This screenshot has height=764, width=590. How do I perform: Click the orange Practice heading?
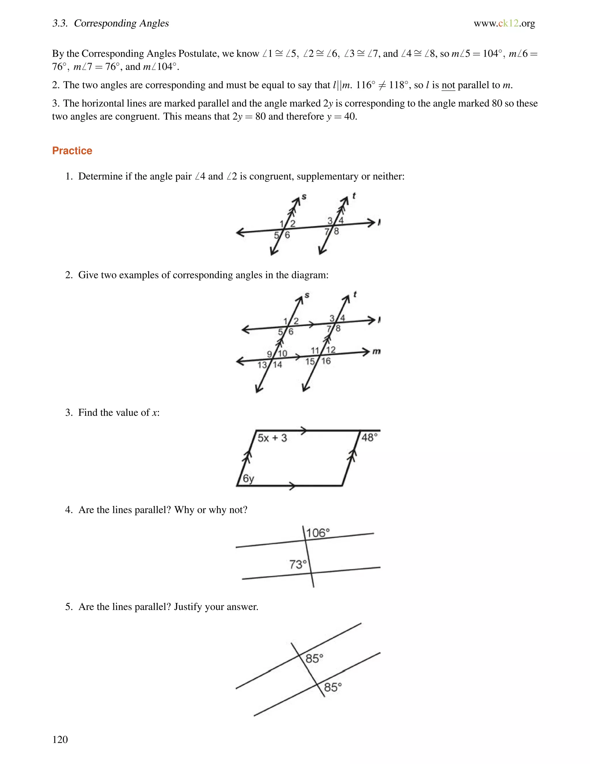click(x=72, y=151)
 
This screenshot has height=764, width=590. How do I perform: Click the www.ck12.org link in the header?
click(x=504, y=23)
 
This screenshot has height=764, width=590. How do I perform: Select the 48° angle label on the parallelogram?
click(x=369, y=437)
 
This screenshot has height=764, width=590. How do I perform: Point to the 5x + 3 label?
click(x=272, y=438)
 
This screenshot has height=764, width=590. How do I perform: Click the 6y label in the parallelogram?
click(x=249, y=478)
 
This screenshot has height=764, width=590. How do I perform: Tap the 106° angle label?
click(x=318, y=533)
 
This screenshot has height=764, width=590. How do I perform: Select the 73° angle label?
click(x=298, y=564)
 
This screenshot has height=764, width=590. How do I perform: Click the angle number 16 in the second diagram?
click(x=326, y=361)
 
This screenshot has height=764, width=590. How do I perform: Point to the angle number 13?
click(x=262, y=365)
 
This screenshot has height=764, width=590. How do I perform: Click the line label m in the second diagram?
click(x=376, y=351)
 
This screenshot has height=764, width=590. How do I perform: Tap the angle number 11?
click(x=315, y=350)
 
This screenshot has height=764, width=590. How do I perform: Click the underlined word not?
click(x=448, y=85)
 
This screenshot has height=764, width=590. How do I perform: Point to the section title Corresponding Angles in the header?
click(x=121, y=23)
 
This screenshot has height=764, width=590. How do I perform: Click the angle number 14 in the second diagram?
click(x=277, y=365)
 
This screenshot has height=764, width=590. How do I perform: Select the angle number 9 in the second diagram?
click(x=269, y=354)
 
